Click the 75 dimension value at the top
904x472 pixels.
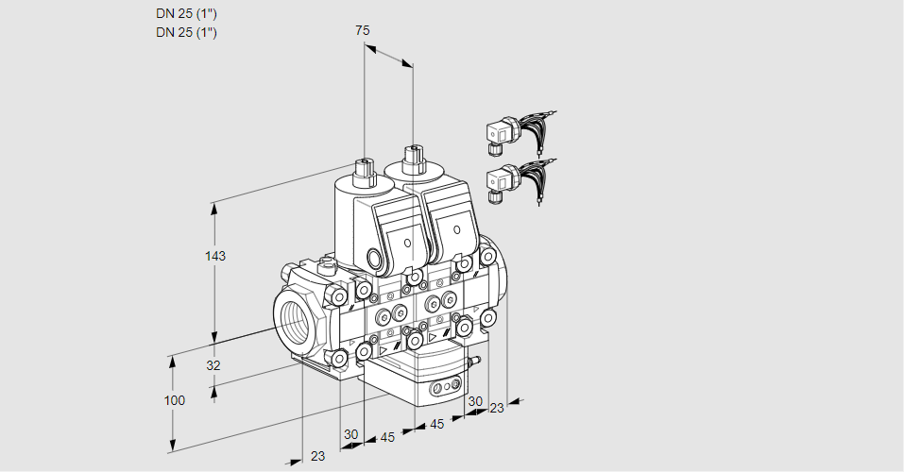point(362,30)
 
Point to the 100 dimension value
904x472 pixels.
point(174,400)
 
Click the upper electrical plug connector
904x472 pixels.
point(499,135)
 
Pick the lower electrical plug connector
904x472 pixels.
point(499,181)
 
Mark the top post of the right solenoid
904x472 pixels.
point(412,156)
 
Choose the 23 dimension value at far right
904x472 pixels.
point(497,408)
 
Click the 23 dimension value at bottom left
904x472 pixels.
point(317,456)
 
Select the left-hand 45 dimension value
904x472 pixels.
point(387,437)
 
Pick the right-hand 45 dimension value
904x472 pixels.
point(437,424)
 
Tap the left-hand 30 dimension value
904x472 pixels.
point(351,434)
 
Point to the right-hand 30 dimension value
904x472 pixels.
point(475,401)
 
